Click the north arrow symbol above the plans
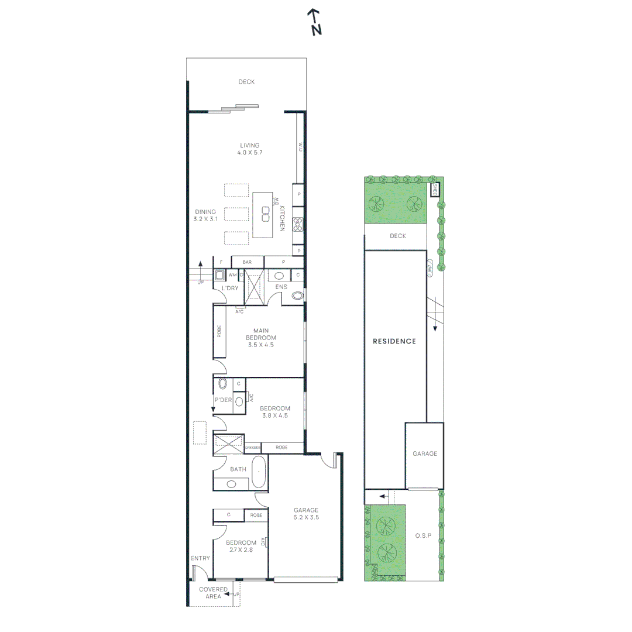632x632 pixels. (316, 22)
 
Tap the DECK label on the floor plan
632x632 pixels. (246, 82)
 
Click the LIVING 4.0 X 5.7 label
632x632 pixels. (249, 149)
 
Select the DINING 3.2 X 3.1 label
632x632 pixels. (205, 215)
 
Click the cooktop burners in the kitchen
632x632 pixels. (298, 223)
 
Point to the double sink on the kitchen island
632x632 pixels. (265, 214)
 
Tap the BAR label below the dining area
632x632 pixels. (247, 262)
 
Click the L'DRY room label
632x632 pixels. (229, 288)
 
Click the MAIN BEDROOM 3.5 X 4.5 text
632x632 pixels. (260, 338)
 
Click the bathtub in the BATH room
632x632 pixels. (258, 473)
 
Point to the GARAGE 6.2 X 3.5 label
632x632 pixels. (306, 513)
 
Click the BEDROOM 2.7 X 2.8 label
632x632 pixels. (241, 546)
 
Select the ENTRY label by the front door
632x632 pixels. (200, 558)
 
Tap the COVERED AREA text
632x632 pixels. (213, 592)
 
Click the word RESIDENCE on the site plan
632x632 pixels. (394, 341)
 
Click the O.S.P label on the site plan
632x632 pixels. (423, 535)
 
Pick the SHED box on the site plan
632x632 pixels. (435, 190)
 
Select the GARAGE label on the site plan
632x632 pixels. (425, 454)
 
